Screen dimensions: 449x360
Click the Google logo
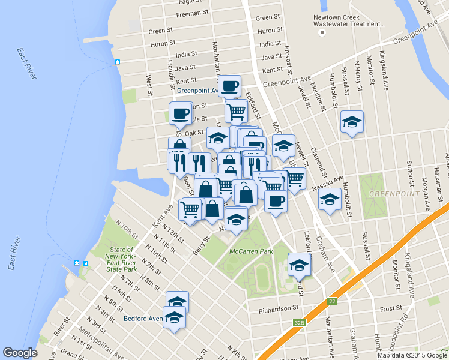(x=20, y=353)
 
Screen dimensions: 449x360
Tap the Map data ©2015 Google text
(x=412, y=355)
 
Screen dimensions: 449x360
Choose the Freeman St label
(x=193, y=12)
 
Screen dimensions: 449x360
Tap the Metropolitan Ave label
(x=104, y=336)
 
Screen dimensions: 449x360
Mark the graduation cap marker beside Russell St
(x=352, y=122)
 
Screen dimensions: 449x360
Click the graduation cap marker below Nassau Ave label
(x=329, y=200)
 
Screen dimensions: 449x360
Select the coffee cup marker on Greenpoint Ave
(x=229, y=86)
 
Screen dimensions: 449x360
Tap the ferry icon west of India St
(x=118, y=62)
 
